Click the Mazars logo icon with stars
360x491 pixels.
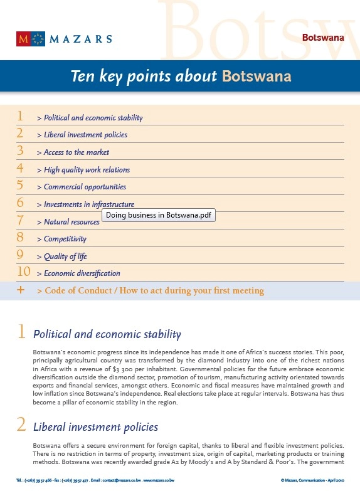(x=31, y=39)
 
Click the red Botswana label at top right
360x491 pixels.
(x=323, y=37)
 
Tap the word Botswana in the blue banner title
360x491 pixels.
(x=257, y=77)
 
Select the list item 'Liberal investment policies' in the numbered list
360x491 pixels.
(x=85, y=135)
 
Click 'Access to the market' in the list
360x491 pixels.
(x=77, y=152)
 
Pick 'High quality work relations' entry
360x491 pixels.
(x=87, y=170)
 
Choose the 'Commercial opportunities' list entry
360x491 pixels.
(x=85, y=187)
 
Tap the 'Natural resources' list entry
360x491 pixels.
(x=71, y=222)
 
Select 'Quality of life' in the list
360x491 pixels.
(x=65, y=256)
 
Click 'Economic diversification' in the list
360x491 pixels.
(x=82, y=273)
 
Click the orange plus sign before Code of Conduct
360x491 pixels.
(x=21, y=290)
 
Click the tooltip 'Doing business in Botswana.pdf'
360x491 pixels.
(x=159, y=215)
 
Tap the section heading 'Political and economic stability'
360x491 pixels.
(x=107, y=334)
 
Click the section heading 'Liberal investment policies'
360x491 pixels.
(x=95, y=427)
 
